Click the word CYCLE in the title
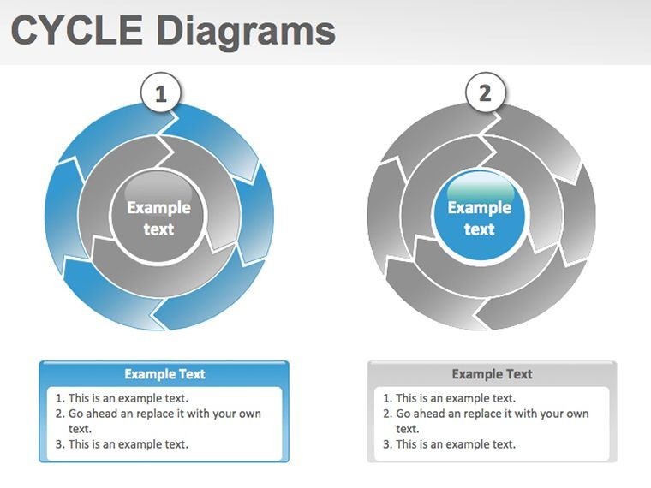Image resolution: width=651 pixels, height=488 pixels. (x=76, y=30)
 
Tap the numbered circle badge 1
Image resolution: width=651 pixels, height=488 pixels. (x=161, y=93)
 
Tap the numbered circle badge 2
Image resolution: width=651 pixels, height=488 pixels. (x=486, y=93)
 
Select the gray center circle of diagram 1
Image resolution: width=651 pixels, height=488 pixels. (x=158, y=216)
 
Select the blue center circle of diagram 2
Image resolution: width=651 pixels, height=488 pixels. (x=480, y=216)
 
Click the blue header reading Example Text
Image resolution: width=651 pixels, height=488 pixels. (x=164, y=374)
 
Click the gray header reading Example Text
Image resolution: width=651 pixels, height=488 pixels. (x=492, y=374)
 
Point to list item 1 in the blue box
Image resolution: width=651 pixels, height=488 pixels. (x=122, y=398)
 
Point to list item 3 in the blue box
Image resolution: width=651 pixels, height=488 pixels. (x=122, y=444)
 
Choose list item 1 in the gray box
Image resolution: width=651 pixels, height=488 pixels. (x=449, y=398)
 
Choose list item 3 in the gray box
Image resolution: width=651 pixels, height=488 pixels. (x=449, y=444)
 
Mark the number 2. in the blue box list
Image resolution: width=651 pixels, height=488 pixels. (x=60, y=414)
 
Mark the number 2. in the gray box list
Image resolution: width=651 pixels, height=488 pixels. (x=388, y=414)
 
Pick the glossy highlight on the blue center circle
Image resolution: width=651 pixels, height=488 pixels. (x=481, y=186)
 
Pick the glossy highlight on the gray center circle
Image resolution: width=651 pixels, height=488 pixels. (x=158, y=186)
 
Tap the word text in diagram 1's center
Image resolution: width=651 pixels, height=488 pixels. (x=158, y=229)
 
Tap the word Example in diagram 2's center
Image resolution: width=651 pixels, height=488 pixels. (x=480, y=207)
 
